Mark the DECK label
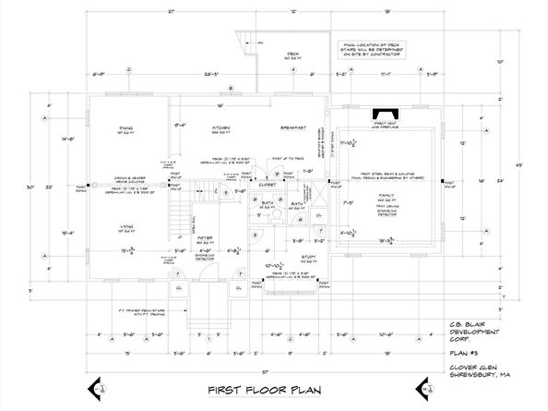click(293, 53)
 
